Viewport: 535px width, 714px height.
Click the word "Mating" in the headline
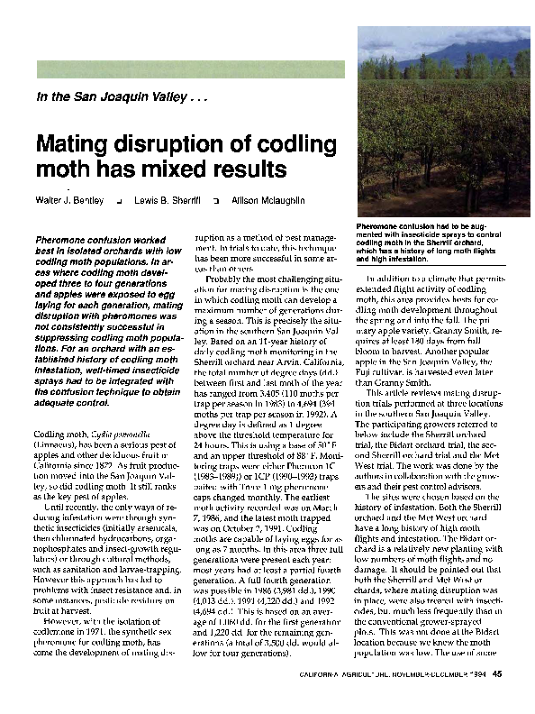(73, 145)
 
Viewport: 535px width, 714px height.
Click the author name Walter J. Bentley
(70, 197)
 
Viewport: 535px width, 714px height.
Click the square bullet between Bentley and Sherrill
(119, 197)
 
